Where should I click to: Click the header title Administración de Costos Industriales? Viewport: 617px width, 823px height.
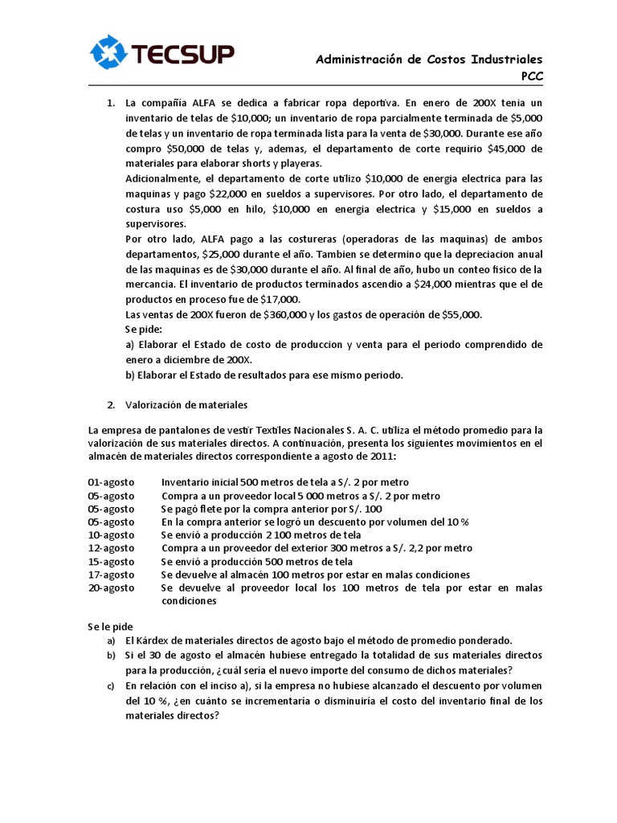(x=429, y=59)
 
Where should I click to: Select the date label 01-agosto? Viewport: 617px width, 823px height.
(x=111, y=481)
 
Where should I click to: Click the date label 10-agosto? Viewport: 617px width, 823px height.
(x=111, y=534)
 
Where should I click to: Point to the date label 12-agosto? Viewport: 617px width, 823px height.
(x=111, y=548)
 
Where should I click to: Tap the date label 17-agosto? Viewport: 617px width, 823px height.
(x=111, y=575)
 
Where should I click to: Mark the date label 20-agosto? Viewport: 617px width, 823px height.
(x=111, y=588)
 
